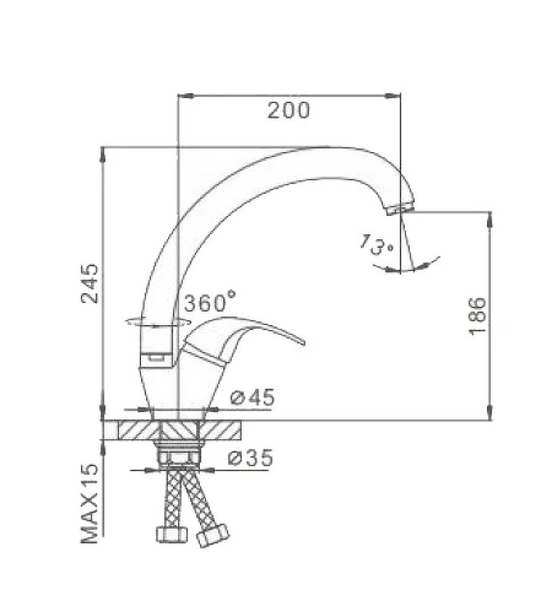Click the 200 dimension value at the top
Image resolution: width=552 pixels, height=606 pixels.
point(288,111)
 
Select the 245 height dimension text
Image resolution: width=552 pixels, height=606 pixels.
point(90,283)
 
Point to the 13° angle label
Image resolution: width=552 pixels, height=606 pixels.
point(377,246)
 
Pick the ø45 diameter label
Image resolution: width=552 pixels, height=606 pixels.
point(252,397)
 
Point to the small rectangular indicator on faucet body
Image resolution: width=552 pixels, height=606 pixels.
point(157,354)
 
